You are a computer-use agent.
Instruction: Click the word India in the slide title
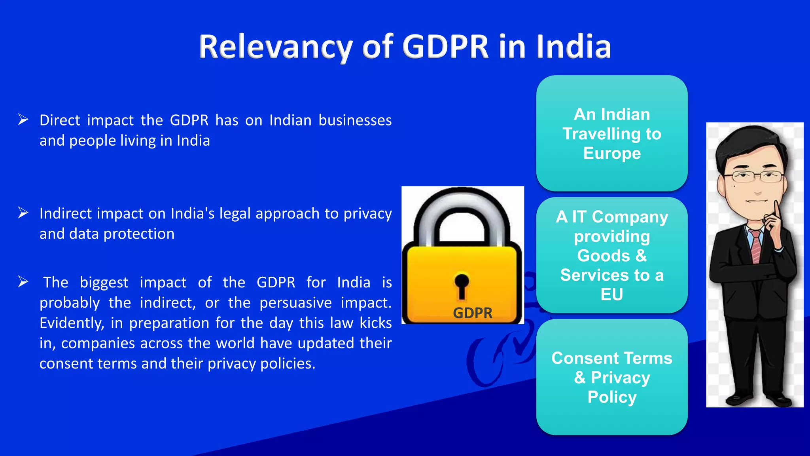[573, 47]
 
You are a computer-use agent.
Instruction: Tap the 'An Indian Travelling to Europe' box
[612, 133]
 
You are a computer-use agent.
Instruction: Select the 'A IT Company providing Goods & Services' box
[612, 255]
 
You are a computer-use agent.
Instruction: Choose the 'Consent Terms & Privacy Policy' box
[612, 377]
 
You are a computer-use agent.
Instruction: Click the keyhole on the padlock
[462, 285]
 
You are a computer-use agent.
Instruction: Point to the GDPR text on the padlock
[473, 313]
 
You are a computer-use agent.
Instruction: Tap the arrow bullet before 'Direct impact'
[23, 120]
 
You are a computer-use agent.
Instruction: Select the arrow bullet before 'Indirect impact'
[23, 213]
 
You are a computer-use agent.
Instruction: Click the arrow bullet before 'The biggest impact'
[23, 282]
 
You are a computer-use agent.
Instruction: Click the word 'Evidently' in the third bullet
[72, 323]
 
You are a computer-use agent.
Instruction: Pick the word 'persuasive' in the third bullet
[295, 303]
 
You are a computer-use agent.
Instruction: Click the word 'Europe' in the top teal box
[612, 153]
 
